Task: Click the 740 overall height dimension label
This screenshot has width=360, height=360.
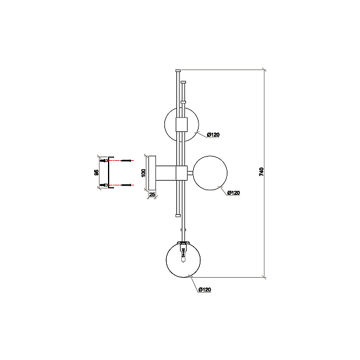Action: [262, 172]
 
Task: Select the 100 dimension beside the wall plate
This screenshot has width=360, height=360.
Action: [143, 173]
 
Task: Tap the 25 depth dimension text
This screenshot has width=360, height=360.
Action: [152, 194]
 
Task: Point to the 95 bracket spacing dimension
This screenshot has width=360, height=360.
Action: [97, 173]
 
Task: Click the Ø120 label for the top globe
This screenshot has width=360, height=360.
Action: [213, 135]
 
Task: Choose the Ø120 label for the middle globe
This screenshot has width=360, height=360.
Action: [233, 193]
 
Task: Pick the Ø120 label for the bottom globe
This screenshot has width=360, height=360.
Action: [205, 290]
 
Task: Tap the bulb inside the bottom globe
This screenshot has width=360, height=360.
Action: [183, 255]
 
